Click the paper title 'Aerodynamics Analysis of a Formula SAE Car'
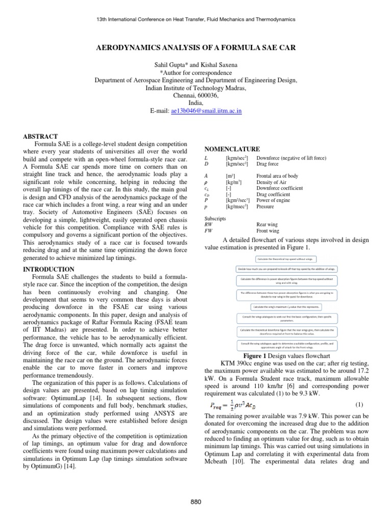(196, 47)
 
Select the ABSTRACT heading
(41, 137)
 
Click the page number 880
(196, 502)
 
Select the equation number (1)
(359, 390)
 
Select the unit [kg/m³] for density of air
(233, 182)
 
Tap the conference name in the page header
(196, 19)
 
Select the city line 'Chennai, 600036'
(196, 95)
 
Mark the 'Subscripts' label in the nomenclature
(215, 218)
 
